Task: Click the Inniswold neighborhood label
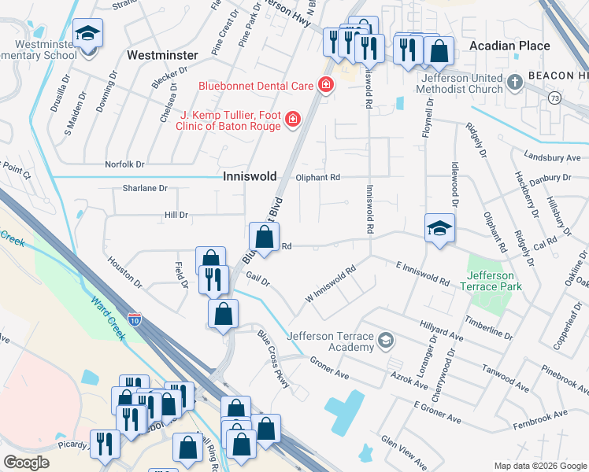pos(254,177)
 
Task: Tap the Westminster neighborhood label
pos(161,56)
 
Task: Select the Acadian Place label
pos(509,46)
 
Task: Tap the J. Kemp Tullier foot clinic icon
pos(292,119)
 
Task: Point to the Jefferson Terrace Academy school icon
pos(385,340)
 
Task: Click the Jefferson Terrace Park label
pos(491,281)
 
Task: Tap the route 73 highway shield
pos(555,98)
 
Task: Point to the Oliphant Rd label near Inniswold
pos(317,178)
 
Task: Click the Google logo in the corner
pos(27,463)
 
